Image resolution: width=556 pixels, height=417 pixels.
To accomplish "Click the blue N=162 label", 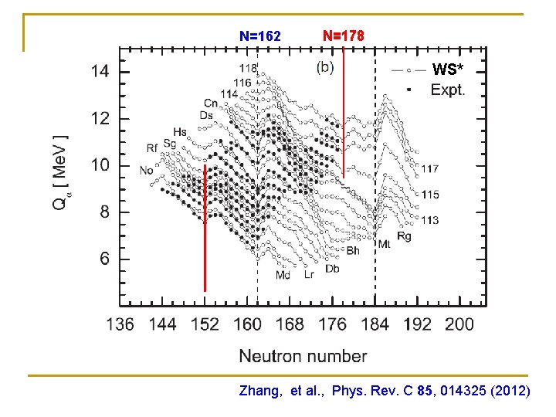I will [260, 36].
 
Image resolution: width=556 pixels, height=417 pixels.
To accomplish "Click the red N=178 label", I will [343, 36].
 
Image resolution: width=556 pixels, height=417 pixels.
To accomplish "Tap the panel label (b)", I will [325, 66].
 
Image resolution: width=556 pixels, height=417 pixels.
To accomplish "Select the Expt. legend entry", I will [447, 90].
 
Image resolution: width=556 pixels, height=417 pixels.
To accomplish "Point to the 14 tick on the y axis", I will [100, 72].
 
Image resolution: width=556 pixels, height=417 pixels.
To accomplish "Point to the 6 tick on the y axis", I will [104, 259].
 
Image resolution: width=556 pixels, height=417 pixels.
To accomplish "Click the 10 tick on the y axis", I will [100, 165].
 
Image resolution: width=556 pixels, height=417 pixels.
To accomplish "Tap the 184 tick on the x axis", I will [375, 324].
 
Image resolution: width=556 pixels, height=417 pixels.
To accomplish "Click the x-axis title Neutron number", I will [303, 356].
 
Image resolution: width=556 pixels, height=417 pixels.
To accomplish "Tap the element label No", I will [146, 171].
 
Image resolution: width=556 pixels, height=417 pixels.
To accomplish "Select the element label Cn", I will [210, 103].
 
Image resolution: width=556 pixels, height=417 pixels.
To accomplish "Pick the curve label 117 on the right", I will [429, 168].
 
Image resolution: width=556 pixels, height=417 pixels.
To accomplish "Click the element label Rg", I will [404, 236].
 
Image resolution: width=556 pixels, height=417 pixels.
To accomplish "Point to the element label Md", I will [283, 275].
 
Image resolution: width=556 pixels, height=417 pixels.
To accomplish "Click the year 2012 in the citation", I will [510, 392].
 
